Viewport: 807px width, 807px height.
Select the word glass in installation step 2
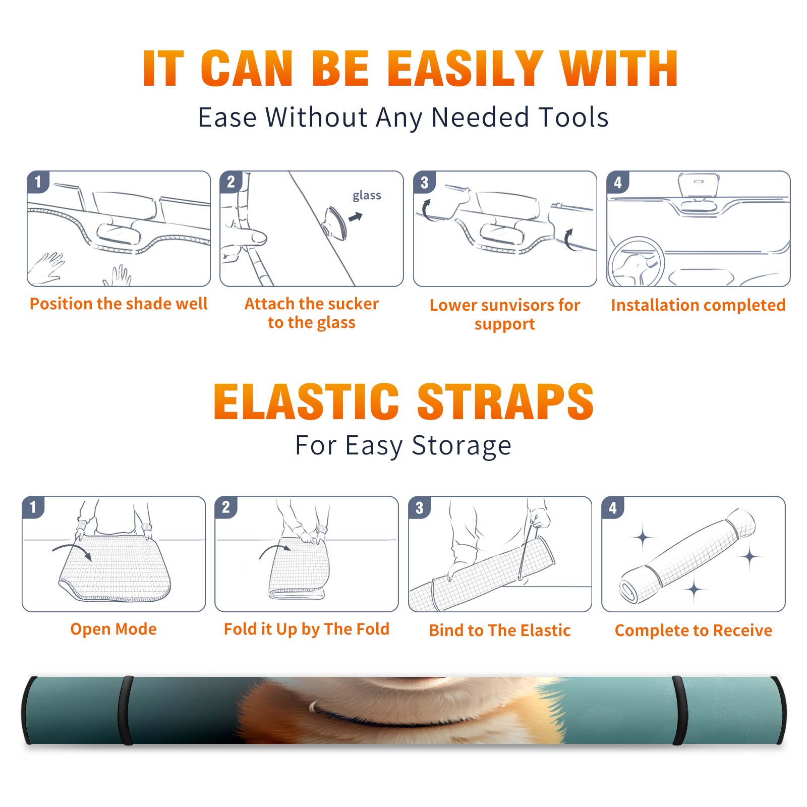367,196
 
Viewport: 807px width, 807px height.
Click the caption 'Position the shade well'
119,304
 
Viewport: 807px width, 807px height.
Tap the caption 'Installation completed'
698,305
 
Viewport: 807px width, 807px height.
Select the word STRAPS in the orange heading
505,401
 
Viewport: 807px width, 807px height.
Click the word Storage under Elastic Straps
462,446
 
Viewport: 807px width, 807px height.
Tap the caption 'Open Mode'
113,629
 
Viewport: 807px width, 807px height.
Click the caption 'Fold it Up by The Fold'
307,629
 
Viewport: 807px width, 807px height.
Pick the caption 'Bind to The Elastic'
500,630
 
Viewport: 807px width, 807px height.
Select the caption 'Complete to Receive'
694,630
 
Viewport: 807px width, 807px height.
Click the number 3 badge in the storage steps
420,507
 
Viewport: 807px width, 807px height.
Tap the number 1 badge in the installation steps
38,182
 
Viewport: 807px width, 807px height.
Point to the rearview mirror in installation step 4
699,186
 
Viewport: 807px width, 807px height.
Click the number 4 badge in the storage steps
613,507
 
